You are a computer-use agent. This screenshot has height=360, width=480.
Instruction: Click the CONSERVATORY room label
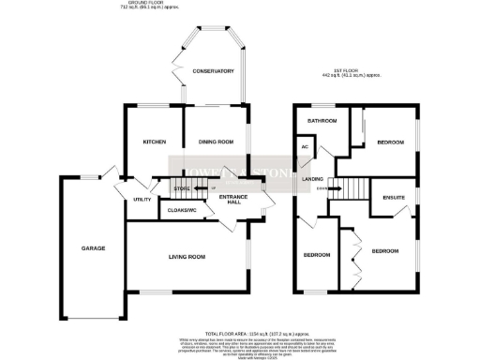(x=211, y=70)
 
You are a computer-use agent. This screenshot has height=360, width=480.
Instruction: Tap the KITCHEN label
(x=154, y=142)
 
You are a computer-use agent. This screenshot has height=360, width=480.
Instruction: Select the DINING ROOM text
(x=215, y=142)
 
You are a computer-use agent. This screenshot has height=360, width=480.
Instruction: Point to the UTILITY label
(x=142, y=200)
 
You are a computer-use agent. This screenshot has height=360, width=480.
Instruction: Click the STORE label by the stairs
(x=181, y=189)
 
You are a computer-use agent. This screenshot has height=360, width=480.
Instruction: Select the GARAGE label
(x=92, y=248)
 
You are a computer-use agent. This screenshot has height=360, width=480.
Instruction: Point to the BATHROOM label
(x=322, y=121)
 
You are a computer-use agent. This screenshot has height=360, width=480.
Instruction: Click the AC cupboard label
(x=305, y=148)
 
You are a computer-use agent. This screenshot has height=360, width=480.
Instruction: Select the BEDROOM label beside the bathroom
(x=390, y=142)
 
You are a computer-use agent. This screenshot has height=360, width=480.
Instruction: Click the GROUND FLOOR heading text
(x=215, y=5)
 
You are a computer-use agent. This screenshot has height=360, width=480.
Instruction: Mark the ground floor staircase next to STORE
(x=200, y=188)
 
